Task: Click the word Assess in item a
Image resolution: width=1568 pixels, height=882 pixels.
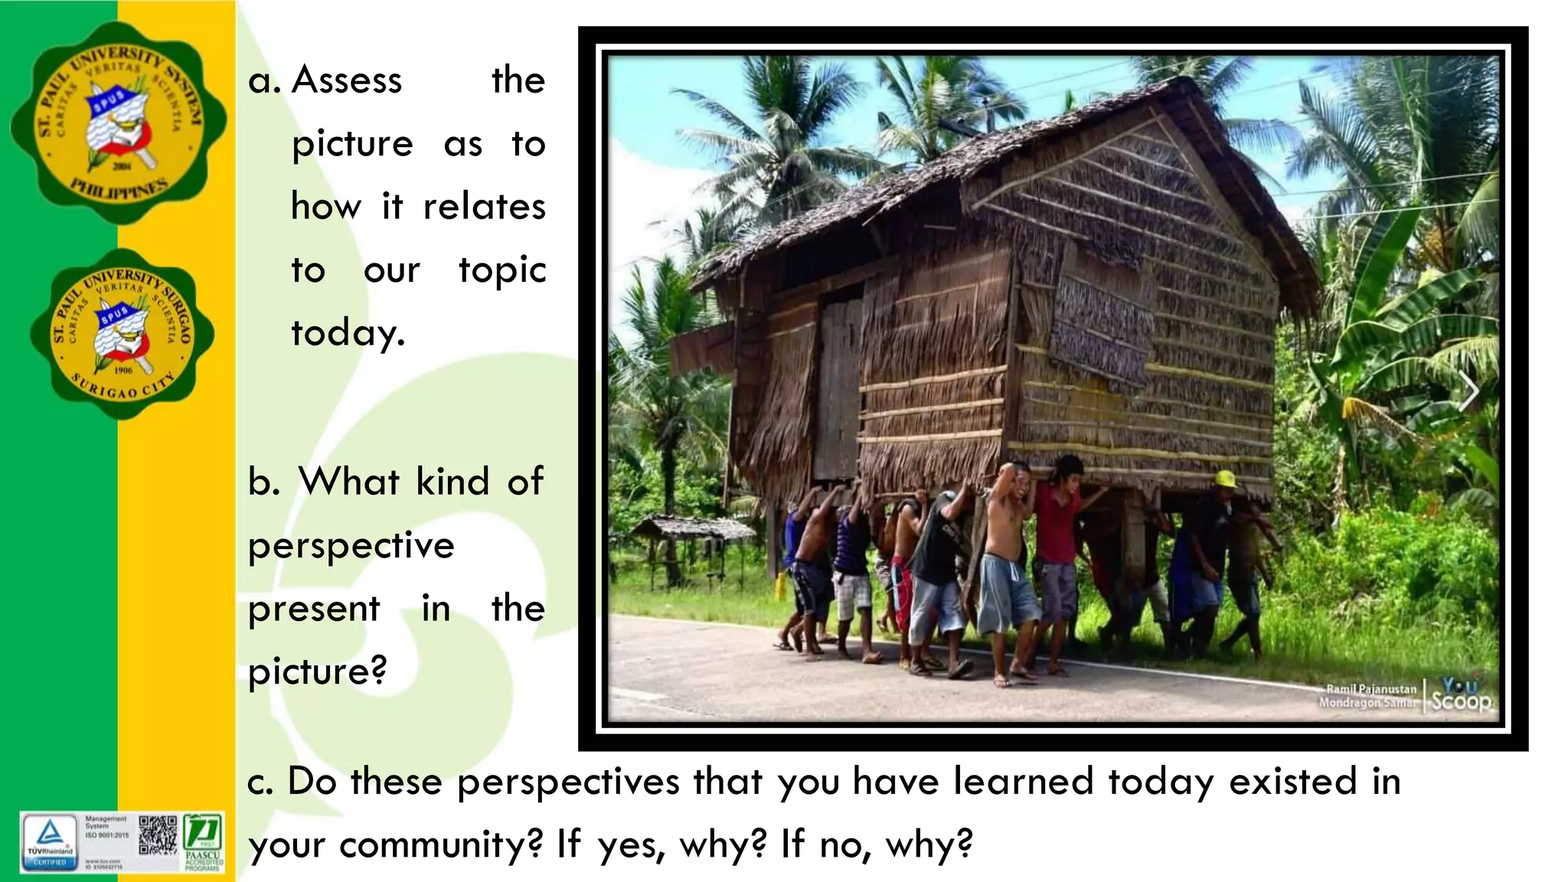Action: point(347,80)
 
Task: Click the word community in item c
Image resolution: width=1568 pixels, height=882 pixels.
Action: point(441,845)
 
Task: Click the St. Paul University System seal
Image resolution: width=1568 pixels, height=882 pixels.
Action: point(119,122)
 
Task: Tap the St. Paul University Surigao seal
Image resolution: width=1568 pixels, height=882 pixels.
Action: point(122,334)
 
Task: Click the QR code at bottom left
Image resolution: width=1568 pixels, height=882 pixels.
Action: point(158,836)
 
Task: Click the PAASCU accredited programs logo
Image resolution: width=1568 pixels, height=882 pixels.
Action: point(204,842)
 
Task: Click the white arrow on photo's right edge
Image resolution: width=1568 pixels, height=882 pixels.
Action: point(1468,392)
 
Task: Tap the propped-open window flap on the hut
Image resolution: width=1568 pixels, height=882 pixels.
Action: point(1102,318)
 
